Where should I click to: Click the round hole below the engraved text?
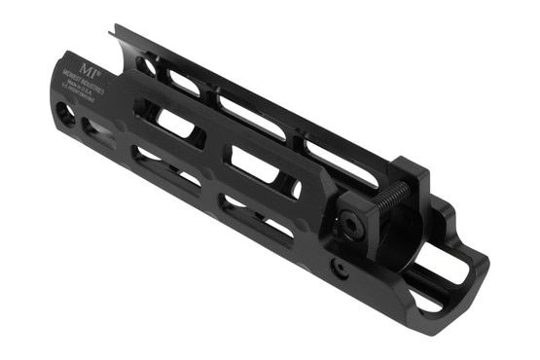tap(65, 113)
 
